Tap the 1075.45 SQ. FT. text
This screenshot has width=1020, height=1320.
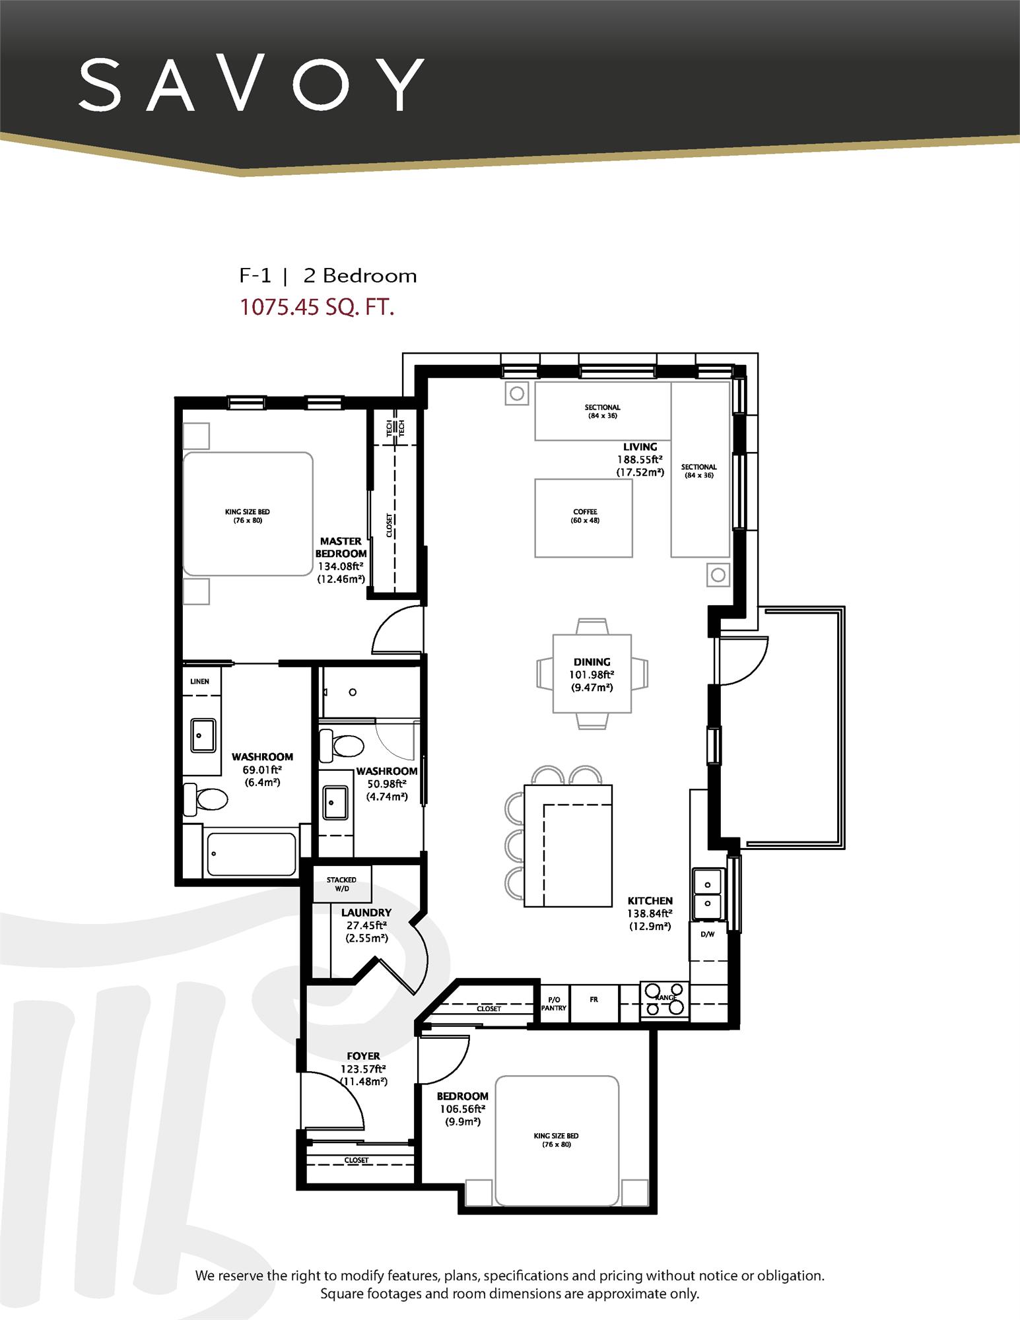tap(316, 308)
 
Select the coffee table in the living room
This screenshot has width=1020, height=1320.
tap(584, 517)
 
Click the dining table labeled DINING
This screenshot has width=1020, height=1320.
tap(592, 673)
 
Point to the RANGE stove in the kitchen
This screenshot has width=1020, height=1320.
tap(664, 999)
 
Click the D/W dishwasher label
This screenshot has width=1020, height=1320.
tap(707, 934)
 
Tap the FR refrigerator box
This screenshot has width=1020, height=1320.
tap(594, 1000)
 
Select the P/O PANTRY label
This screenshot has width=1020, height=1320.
tap(553, 1004)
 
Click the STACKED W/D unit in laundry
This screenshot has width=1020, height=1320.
tap(341, 884)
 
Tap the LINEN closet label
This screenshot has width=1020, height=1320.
tap(199, 681)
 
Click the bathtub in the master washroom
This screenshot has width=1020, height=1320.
tap(252, 854)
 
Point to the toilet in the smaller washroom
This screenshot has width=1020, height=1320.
tap(343, 746)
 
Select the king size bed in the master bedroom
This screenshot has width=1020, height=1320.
tap(248, 513)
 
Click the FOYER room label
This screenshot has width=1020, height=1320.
tap(363, 1057)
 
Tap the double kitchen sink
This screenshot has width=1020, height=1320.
tap(708, 893)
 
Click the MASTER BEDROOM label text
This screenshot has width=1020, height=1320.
tap(341, 547)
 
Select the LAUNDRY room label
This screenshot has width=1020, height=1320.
tap(366, 913)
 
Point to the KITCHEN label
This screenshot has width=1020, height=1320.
tap(650, 901)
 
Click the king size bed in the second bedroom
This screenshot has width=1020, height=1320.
tap(557, 1140)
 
